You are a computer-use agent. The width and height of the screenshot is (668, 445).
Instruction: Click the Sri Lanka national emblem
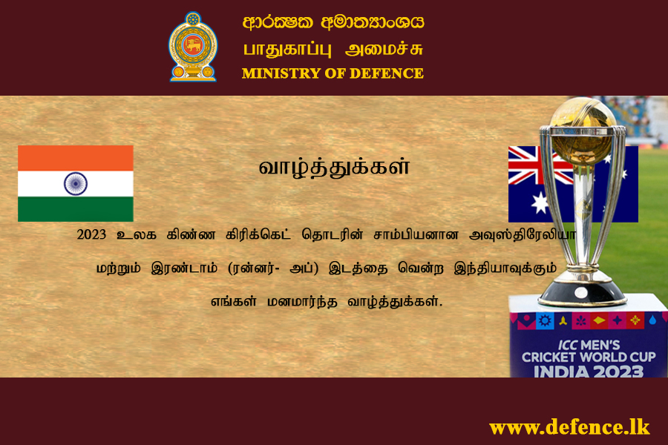(193, 47)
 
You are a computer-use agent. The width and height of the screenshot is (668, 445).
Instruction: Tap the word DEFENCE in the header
(387, 73)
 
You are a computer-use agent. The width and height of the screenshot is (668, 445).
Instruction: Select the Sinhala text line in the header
(333, 22)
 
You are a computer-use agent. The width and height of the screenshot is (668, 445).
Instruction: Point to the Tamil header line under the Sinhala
(333, 49)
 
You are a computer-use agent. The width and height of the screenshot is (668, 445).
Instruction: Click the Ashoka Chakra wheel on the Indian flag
(76, 183)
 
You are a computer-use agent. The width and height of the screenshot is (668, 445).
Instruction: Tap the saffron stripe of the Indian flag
(76, 158)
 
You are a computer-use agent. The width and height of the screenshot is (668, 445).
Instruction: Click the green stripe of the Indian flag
(76, 209)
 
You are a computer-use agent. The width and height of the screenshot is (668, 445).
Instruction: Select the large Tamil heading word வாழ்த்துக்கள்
(335, 167)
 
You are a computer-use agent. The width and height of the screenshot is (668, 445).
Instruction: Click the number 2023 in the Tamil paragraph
(91, 234)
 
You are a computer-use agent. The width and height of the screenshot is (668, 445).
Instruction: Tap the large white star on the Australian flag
(540, 202)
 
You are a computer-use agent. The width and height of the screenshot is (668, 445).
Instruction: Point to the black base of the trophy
(582, 293)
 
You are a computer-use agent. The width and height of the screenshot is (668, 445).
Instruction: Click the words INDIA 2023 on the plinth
(589, 372)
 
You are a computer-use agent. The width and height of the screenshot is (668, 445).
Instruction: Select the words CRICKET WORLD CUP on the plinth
(589, 357)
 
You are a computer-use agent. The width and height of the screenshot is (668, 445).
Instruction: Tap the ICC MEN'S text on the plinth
(589, 344)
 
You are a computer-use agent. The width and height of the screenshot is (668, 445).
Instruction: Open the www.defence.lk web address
(569, 427)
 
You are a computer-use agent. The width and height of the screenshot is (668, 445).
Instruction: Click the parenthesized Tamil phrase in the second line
(273, 268)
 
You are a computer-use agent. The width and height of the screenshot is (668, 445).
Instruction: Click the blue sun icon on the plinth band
(545, 320)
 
